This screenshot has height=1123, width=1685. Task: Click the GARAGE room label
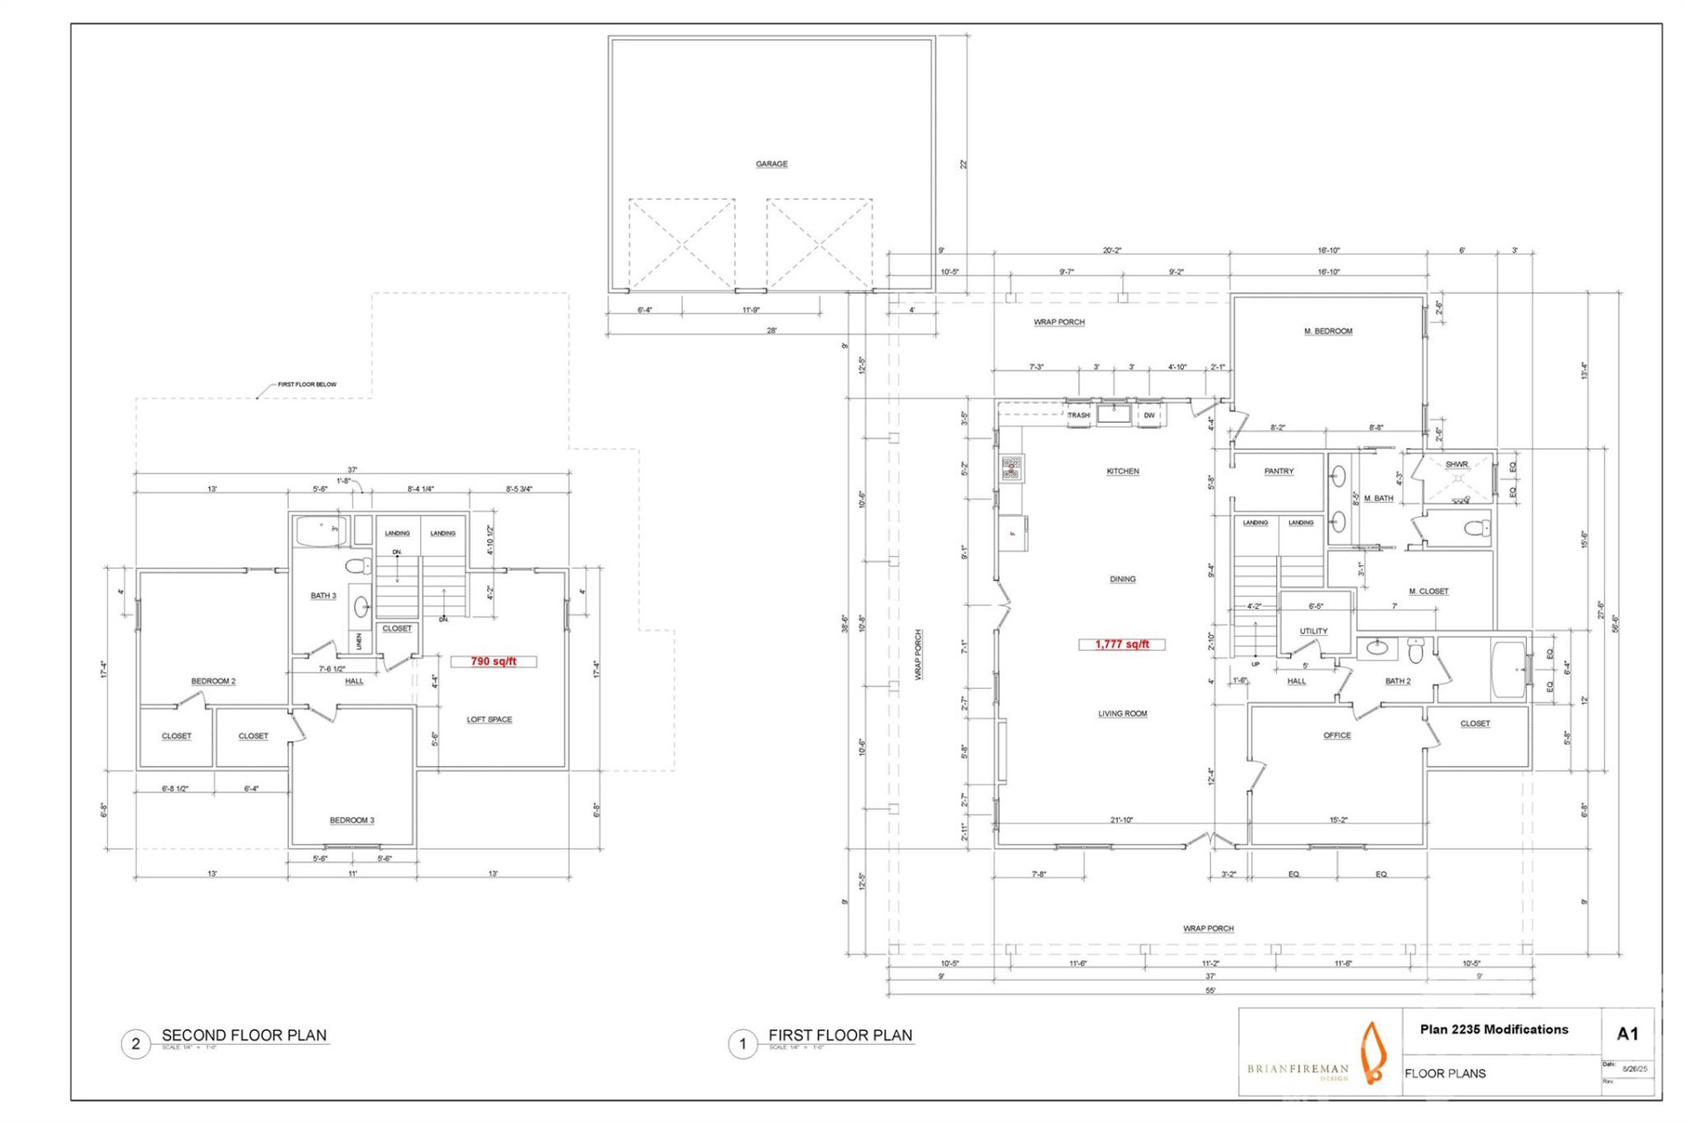771,164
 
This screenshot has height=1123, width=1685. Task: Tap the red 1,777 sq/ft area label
1122,644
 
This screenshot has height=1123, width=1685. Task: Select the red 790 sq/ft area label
493,662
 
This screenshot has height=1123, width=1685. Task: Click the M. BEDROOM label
1328,331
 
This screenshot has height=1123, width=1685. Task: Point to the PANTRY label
1279,471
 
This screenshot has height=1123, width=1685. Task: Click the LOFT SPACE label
489,719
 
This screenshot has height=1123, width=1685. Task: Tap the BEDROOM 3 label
352,820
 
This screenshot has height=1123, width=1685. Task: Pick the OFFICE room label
1337,735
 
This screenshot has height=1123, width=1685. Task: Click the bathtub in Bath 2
1509,669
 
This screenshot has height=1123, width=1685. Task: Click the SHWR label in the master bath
1456,464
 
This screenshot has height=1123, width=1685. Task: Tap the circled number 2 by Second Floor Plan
135,1044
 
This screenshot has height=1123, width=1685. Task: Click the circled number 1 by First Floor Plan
742,1044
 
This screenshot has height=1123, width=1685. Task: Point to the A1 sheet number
1627,1034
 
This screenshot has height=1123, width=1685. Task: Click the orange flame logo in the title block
1373,1052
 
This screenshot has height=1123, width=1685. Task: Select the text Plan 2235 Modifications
1494,1029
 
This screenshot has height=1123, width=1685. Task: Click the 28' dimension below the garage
771,331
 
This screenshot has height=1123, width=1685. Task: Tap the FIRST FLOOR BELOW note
306,384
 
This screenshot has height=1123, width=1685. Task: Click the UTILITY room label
1313,631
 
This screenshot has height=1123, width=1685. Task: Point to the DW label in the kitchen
1149,415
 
